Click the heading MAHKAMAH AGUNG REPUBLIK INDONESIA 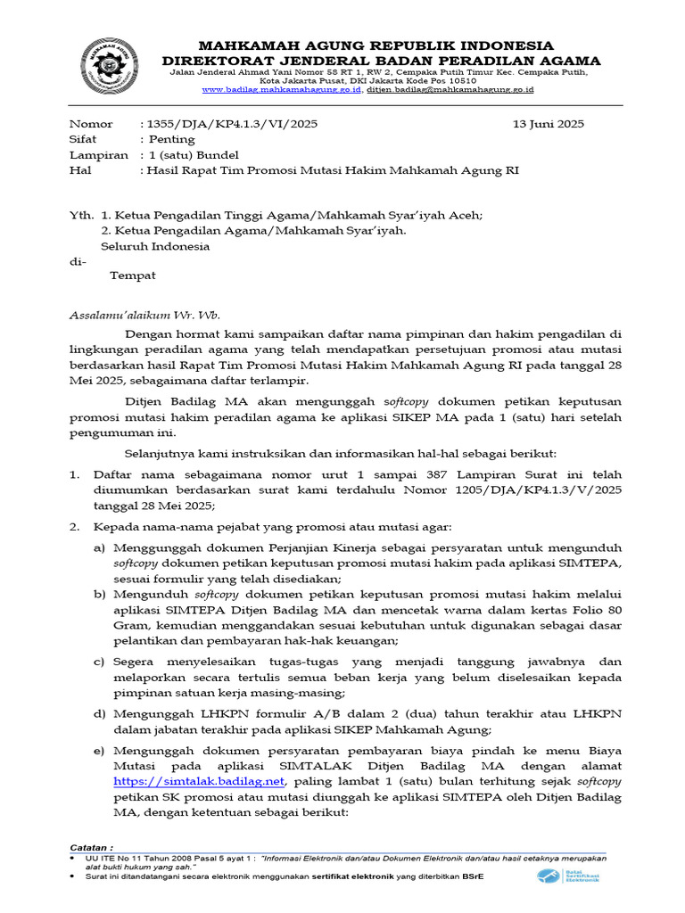coord(375,45)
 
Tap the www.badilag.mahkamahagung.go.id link coord(282,90)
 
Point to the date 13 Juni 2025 coord(548,124)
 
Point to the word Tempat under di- coord(132,276)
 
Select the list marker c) coord(100,662)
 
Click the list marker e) coord(100,749)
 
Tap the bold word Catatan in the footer coord(91,847)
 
